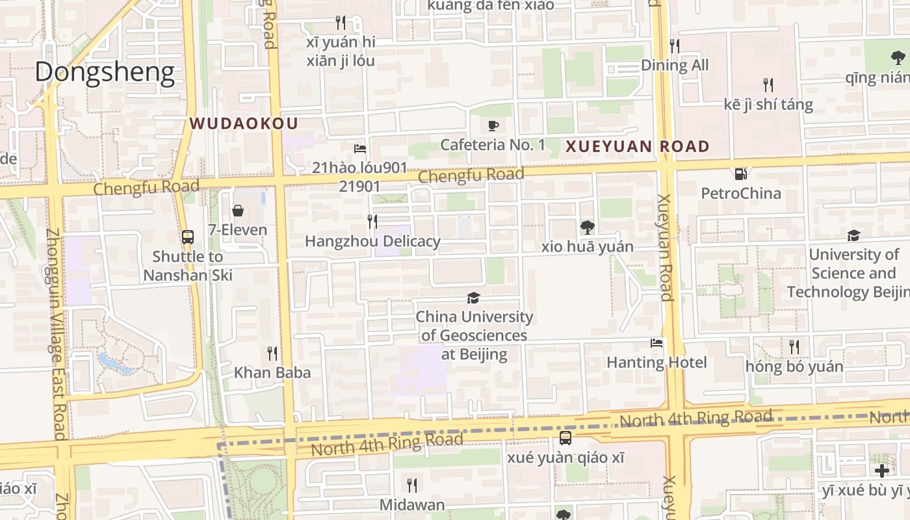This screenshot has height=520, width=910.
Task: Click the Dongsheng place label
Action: (105, 72)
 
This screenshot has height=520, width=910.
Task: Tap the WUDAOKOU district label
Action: (244, 123)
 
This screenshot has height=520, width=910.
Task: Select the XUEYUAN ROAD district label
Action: (637, 147)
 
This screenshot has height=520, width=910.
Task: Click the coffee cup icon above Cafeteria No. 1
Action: (493, 125)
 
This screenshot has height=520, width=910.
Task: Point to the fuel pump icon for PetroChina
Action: (740, 174)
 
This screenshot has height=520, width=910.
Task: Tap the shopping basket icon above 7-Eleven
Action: (237, 211)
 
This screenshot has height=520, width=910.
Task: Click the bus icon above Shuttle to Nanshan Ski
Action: (187, 237)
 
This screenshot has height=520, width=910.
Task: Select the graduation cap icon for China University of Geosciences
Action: (474, 298)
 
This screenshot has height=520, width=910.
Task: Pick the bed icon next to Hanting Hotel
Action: (656, 343)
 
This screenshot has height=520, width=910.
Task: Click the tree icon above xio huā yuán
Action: (587, 227)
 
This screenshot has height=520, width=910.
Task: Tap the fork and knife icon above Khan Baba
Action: (272, 354)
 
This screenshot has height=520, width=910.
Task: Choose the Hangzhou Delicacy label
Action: (372, 242)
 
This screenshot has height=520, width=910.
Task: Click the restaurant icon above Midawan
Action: (411, 485)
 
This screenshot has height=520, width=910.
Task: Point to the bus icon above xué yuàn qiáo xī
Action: (565, 438)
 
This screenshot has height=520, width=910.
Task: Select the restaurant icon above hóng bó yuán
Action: (794, 347)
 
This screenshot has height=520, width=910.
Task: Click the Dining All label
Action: (674, 65)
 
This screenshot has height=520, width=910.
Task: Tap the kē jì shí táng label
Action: (768, 105)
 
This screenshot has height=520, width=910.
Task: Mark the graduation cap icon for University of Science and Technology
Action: (853, 235)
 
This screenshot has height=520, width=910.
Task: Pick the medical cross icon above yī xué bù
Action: (881, 471)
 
